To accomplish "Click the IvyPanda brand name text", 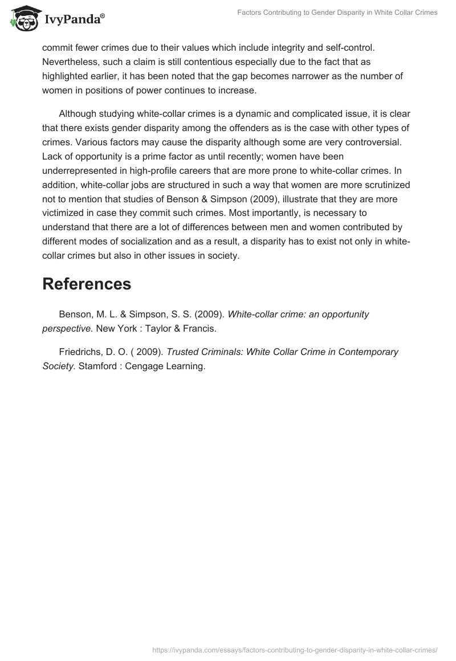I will tap(74, 21).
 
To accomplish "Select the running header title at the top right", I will tap(337, 13).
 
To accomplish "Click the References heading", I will tap(87, 284).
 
